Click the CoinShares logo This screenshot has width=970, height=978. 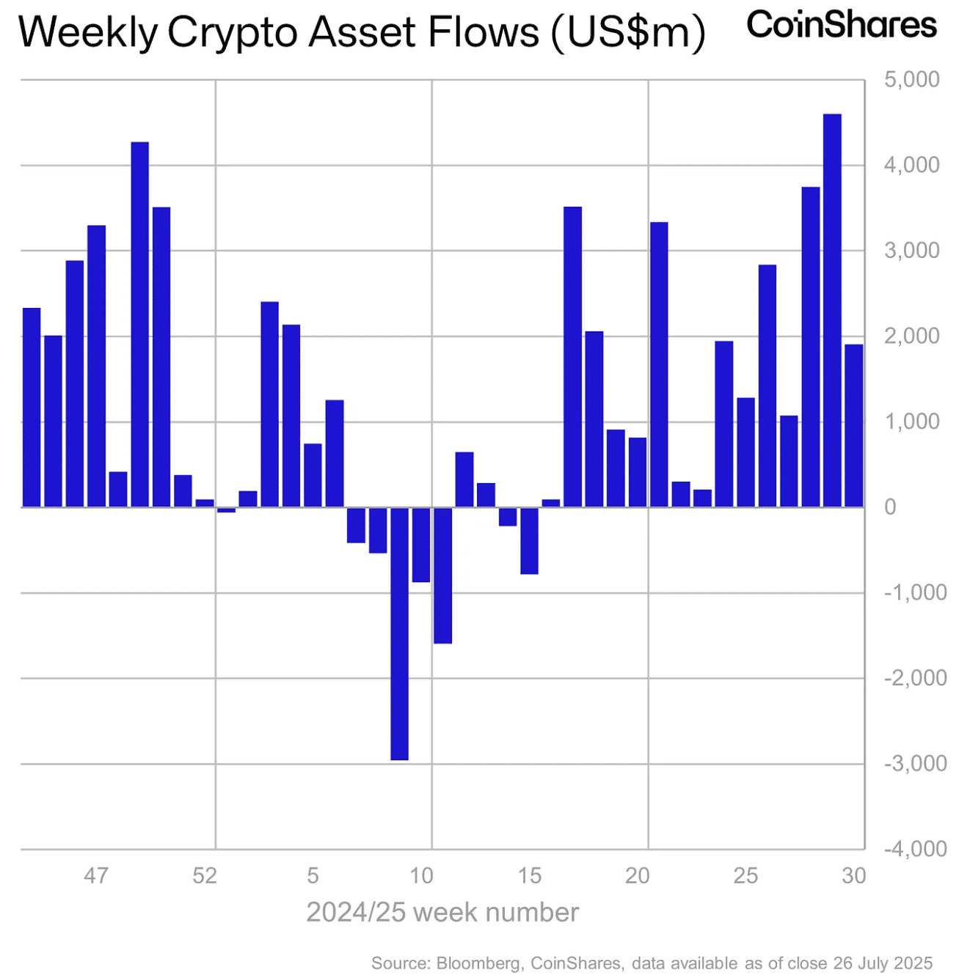click(x=841, y=26)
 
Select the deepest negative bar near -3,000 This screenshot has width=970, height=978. click(x=399, y=633)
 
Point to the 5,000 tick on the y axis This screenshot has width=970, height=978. click(x=911, y=79)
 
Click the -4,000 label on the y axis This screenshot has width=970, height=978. click(x=915, y=849)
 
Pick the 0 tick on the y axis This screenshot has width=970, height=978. click(x=890, y=507)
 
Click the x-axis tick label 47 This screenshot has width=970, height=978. click(x=96, y=875)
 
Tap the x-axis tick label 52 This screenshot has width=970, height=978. click(x=205, y=875)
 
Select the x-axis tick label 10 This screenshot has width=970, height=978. click(x=421, y=875)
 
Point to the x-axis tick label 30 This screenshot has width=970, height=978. click(x=853, y=875)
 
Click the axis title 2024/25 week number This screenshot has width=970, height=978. click(x=442, y=913)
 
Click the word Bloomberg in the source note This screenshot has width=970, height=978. click(x=478, y=963)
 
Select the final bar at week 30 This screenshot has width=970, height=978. click(x=853, y=425)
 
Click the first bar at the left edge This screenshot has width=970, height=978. click(x=32, y=407)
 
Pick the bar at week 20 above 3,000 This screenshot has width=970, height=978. click(x=659, y=364)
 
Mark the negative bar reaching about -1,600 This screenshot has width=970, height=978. click(x=442, y=576)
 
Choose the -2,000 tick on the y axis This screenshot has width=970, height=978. click(x=915, y=678)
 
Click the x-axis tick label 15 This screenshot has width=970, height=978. click(x=529, y=875)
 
